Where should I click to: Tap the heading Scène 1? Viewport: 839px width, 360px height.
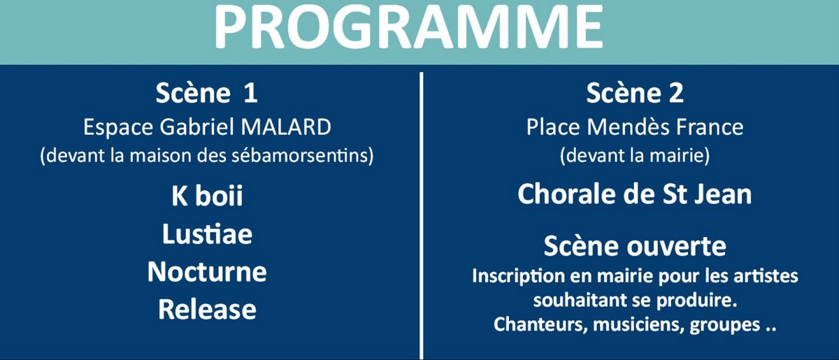click(206, 92)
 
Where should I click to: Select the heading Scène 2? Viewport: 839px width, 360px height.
click(635, 92)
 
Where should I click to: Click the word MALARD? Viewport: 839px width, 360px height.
click(286, 127)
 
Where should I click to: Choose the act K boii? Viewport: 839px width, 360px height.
click(207, 195)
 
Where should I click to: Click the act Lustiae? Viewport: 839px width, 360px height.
click(207, 234)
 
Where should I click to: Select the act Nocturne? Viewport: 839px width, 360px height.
click(207, 272)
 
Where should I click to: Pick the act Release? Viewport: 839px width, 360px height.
click(207, 310)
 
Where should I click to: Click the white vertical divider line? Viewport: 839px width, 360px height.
click(422, 216)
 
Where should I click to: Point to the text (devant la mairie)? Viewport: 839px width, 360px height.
click(635, 156)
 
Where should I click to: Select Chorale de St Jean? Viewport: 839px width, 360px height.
click(635, 194)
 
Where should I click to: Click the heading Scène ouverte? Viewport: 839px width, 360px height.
click(635, 246)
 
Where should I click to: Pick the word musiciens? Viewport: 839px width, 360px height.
click(638, 324)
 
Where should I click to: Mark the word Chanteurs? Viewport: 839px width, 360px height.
click(540, 324)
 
